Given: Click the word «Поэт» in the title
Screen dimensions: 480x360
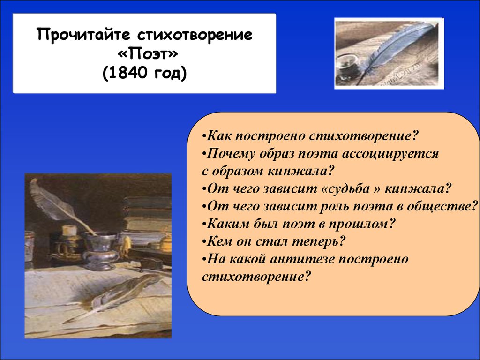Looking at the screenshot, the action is click(148, 54).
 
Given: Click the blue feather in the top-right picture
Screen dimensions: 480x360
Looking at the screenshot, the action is click(398, 46).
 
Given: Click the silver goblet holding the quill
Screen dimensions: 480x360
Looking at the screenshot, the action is click(99, 249).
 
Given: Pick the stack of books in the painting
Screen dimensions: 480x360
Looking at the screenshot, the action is click(146, 214).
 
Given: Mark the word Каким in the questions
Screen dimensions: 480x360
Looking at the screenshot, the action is click(228, 224).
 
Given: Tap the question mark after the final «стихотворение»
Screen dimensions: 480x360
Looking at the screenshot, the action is click(307, 277).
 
